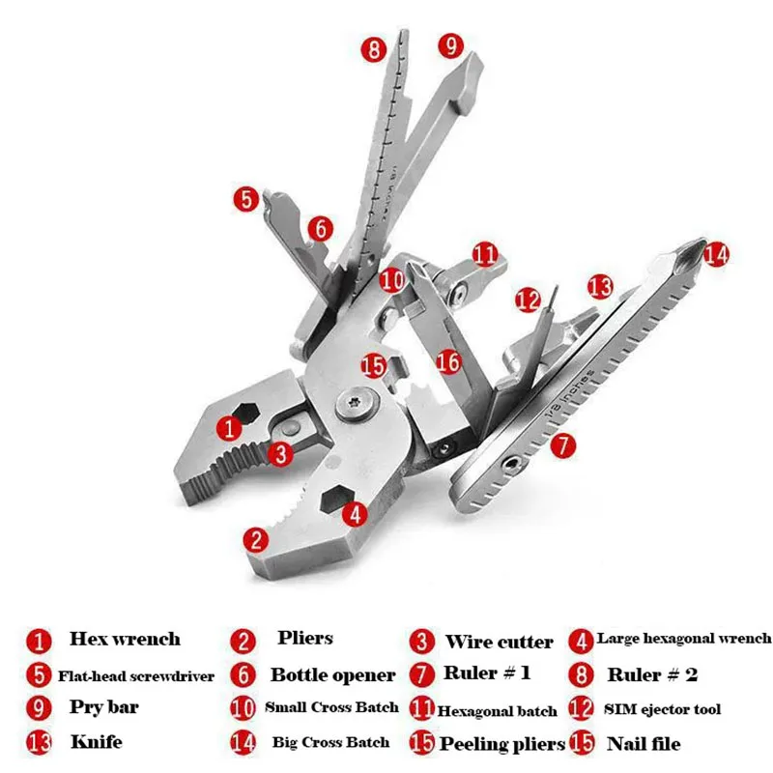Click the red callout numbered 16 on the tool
point(448,361)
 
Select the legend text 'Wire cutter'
point(499,642)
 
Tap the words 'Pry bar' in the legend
point(103,706)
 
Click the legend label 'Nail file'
point(644,743)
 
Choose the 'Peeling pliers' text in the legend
point(502,744)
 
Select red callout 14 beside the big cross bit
point(716,254)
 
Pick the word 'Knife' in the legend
point(96,743)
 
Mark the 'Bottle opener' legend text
point(332,674)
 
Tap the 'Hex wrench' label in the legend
point(125,639)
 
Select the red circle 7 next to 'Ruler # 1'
point(421,673)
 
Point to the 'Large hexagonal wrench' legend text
point(684,638)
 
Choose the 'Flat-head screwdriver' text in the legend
point(135,675)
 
